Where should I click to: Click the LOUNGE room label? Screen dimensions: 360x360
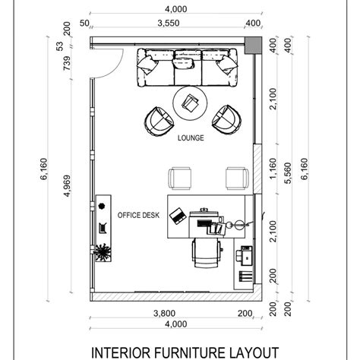pos(191,138)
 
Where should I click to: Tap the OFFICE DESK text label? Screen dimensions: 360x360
pos(138,215)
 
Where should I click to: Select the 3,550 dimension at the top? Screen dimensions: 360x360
pos(169,23)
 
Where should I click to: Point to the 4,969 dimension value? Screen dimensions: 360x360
pos(67,185)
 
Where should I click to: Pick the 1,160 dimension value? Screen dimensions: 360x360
pos(273,169)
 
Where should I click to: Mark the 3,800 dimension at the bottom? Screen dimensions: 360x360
pos(164,314)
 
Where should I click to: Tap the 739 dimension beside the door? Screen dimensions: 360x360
pos(67,63)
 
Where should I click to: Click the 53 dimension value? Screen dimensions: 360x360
pos(60,46)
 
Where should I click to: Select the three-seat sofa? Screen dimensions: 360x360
pos(188,67)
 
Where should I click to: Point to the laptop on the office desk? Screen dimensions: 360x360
pos(178,216)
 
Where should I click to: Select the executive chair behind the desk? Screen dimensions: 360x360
pos(207,253)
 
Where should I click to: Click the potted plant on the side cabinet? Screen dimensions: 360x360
pos(103,252)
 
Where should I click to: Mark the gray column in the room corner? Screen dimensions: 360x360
pos(253,45)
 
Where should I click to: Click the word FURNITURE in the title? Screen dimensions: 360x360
pos(188,352)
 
